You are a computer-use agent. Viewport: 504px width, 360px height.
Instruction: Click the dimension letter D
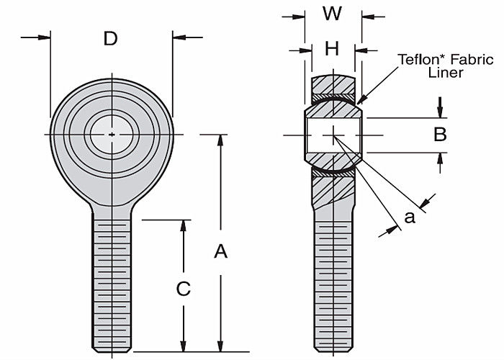tap(110, 38)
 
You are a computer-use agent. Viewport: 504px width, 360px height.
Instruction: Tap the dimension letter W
tap(333, 14)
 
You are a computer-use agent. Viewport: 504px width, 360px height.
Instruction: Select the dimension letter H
tap(332, 49)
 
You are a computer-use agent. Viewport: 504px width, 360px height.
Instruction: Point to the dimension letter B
tap(441, 134)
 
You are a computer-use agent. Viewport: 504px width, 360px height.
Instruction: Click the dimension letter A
tap(221, 251)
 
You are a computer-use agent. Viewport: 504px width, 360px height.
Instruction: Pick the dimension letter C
tap(184, 289)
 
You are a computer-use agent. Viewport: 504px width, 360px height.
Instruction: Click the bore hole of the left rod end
tap(112, 133)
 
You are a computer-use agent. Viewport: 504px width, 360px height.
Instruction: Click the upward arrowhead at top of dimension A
tap(221, 140)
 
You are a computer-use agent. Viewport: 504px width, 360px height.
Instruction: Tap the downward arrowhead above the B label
tap(441, 112)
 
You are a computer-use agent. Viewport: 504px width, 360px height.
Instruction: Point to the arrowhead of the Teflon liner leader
tap(360, 99)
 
